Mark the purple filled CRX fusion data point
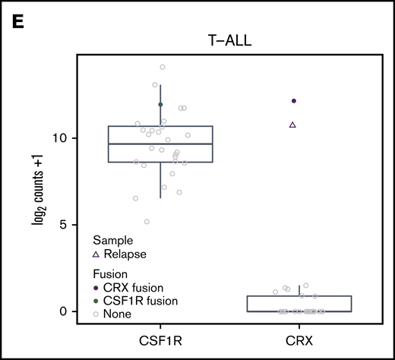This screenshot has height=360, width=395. [294, 101]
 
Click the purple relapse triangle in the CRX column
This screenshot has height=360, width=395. [293, 125]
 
